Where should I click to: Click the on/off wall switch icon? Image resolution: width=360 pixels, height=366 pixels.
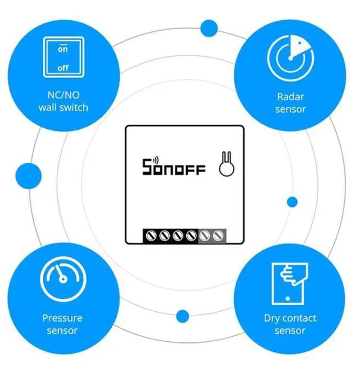tap(63, 58)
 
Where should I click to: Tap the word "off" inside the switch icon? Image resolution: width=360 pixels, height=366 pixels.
tap(63, 68)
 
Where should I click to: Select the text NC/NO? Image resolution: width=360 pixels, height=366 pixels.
tap(63, 95)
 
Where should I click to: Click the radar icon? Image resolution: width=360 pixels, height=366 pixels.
tap(290, 57)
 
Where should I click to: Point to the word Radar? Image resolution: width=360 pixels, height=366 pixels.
tap(290, 96)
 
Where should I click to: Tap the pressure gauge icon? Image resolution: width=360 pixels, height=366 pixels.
tap(62, 279)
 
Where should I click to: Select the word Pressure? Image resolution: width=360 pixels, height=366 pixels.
tap(62, 318)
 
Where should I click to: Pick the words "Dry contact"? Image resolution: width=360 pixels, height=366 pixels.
tap(289, 318)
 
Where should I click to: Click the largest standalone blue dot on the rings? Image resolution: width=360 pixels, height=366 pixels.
tap(28, 175)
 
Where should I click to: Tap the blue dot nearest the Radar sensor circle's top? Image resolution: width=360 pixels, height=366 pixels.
tap(209, 27)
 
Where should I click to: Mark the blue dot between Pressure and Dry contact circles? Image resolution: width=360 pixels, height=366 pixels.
tap(182, 317)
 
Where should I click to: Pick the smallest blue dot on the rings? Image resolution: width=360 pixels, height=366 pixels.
tap(292, 202)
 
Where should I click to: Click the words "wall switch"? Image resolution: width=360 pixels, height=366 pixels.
tap(63, 107)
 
